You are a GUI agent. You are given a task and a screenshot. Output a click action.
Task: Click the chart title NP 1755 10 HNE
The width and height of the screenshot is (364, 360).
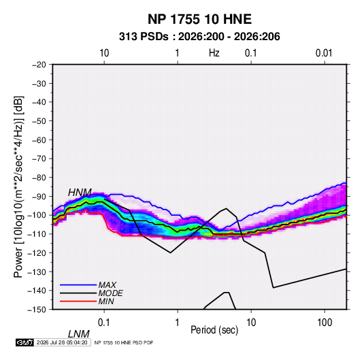pos(199,19)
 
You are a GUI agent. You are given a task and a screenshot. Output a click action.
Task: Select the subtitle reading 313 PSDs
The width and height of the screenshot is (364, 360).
pos(144,37)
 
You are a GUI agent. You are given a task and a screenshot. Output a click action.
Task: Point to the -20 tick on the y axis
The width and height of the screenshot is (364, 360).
pos(39,65)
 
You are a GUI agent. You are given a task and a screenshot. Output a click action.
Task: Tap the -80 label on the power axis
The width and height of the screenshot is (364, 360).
pos(39,178)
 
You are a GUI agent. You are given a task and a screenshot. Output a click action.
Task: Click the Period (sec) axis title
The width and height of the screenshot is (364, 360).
pos(214,330)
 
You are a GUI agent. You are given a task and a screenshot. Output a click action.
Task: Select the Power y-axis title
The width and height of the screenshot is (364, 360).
pos(18,186)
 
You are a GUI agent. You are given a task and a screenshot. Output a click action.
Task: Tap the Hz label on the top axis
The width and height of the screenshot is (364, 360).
pos(214,53)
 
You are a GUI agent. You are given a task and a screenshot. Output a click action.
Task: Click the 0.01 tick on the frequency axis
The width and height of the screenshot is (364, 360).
pos(324,53)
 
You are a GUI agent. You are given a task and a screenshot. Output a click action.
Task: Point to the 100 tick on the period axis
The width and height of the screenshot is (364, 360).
pos(325,323)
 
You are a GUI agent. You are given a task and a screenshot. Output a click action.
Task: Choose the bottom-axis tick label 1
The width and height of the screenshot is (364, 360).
pos(177,323)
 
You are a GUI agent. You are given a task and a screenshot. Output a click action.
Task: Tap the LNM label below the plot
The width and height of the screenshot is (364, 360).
pos(79,334)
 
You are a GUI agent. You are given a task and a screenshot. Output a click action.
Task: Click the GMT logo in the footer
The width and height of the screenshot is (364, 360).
pos(24,342)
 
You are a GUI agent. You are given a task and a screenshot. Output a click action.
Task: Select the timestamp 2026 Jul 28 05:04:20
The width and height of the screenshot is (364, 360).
pos(62,342)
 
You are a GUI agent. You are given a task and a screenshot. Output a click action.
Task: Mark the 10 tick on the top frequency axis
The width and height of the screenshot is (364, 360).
pos(104,53)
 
